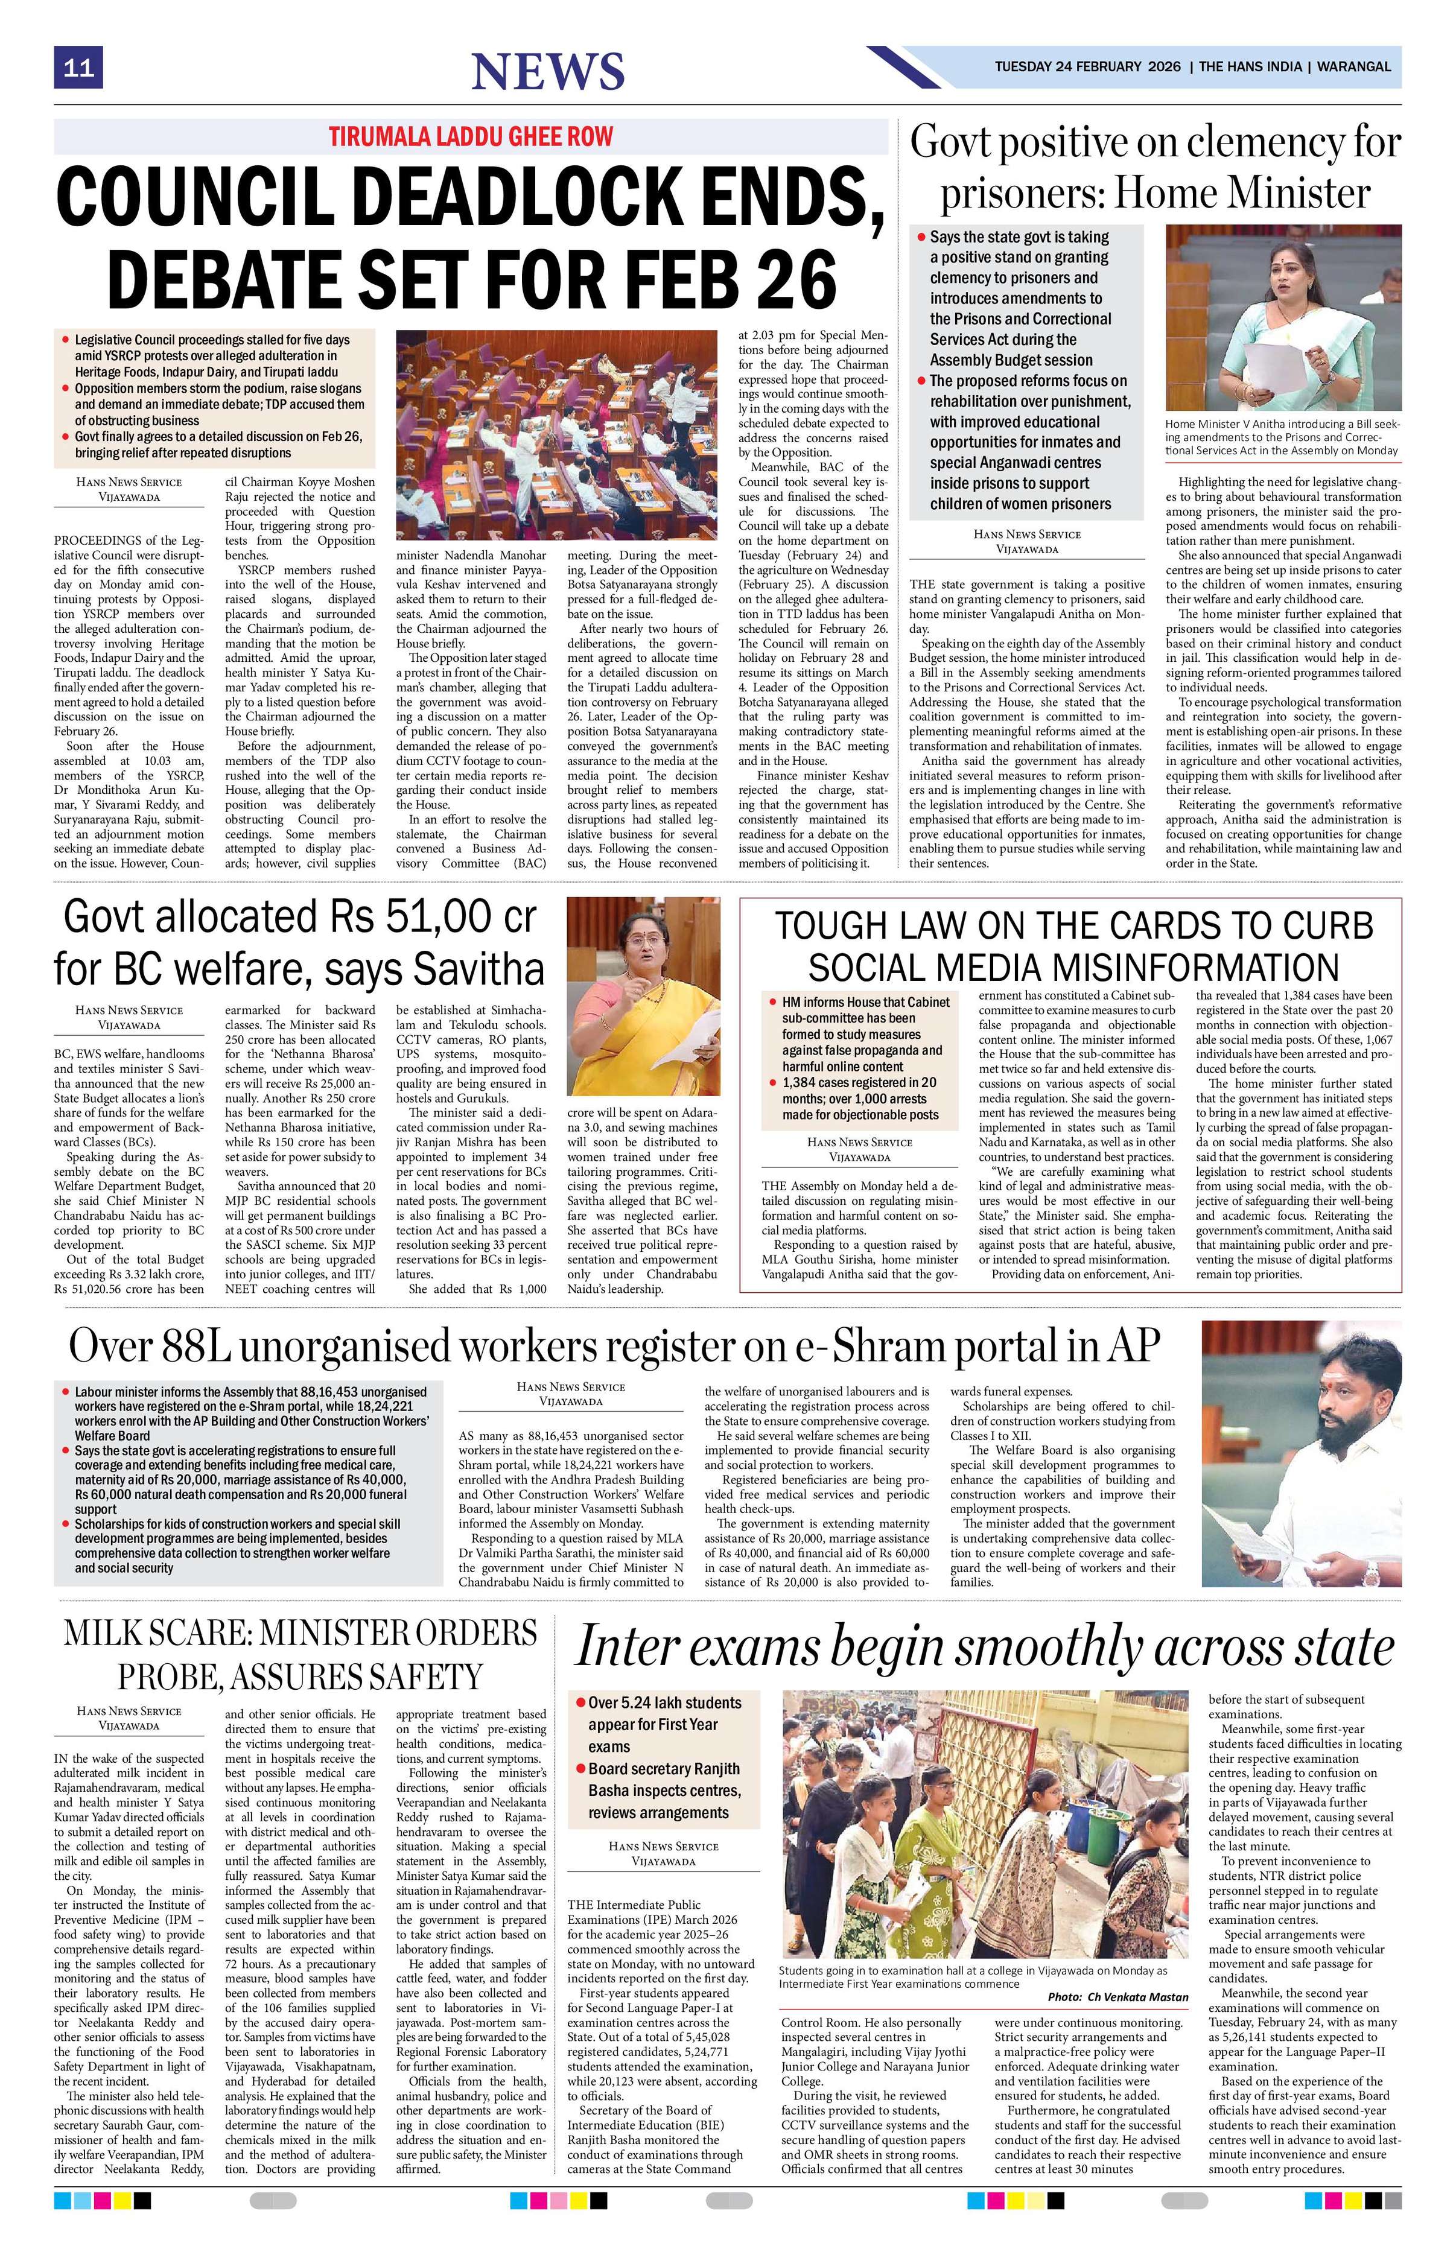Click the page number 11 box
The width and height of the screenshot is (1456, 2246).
click(77, 68)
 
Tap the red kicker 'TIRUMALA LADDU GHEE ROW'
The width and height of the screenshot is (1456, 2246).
click(470, 136)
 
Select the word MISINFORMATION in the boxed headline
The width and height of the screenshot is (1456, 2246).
click(1073, 967)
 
